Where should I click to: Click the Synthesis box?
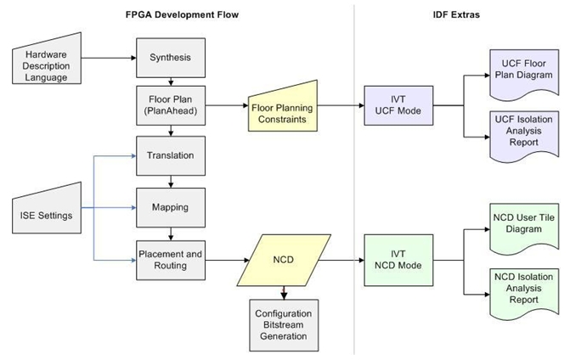click(x=171, y=58)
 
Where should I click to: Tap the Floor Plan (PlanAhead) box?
click(x=171, y=106)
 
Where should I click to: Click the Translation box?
click(x=171, y=155)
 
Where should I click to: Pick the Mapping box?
click(x=171, y=206)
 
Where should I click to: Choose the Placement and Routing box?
click(x=171, y=258)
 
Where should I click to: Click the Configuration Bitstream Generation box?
click(x=284, y=323)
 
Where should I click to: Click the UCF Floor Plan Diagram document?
click(x=523, y=68)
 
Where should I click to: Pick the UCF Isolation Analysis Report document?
click(x=523, y=130)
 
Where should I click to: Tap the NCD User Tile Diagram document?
click(x=523, y=222)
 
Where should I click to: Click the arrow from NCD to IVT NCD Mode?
click(x=336, y=259)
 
